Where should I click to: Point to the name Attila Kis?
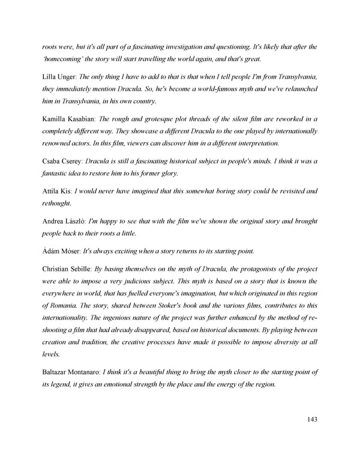(55, 191)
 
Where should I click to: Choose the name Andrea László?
(62, 220)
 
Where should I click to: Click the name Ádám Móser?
(60, 250)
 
